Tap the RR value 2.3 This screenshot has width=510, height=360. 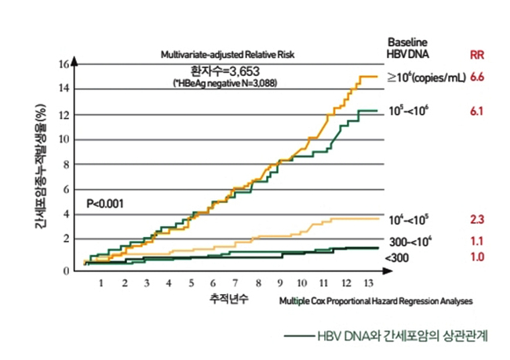coord(476,219)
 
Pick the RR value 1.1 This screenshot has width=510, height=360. coord(476,241)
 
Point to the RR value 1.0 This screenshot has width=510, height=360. coord(476,257)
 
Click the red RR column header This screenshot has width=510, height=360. coord(475,55)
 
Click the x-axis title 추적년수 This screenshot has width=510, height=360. coord(228,300)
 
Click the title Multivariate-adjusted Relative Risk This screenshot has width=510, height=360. coord(228,56)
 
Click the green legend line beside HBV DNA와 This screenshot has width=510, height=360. coord(298,336)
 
